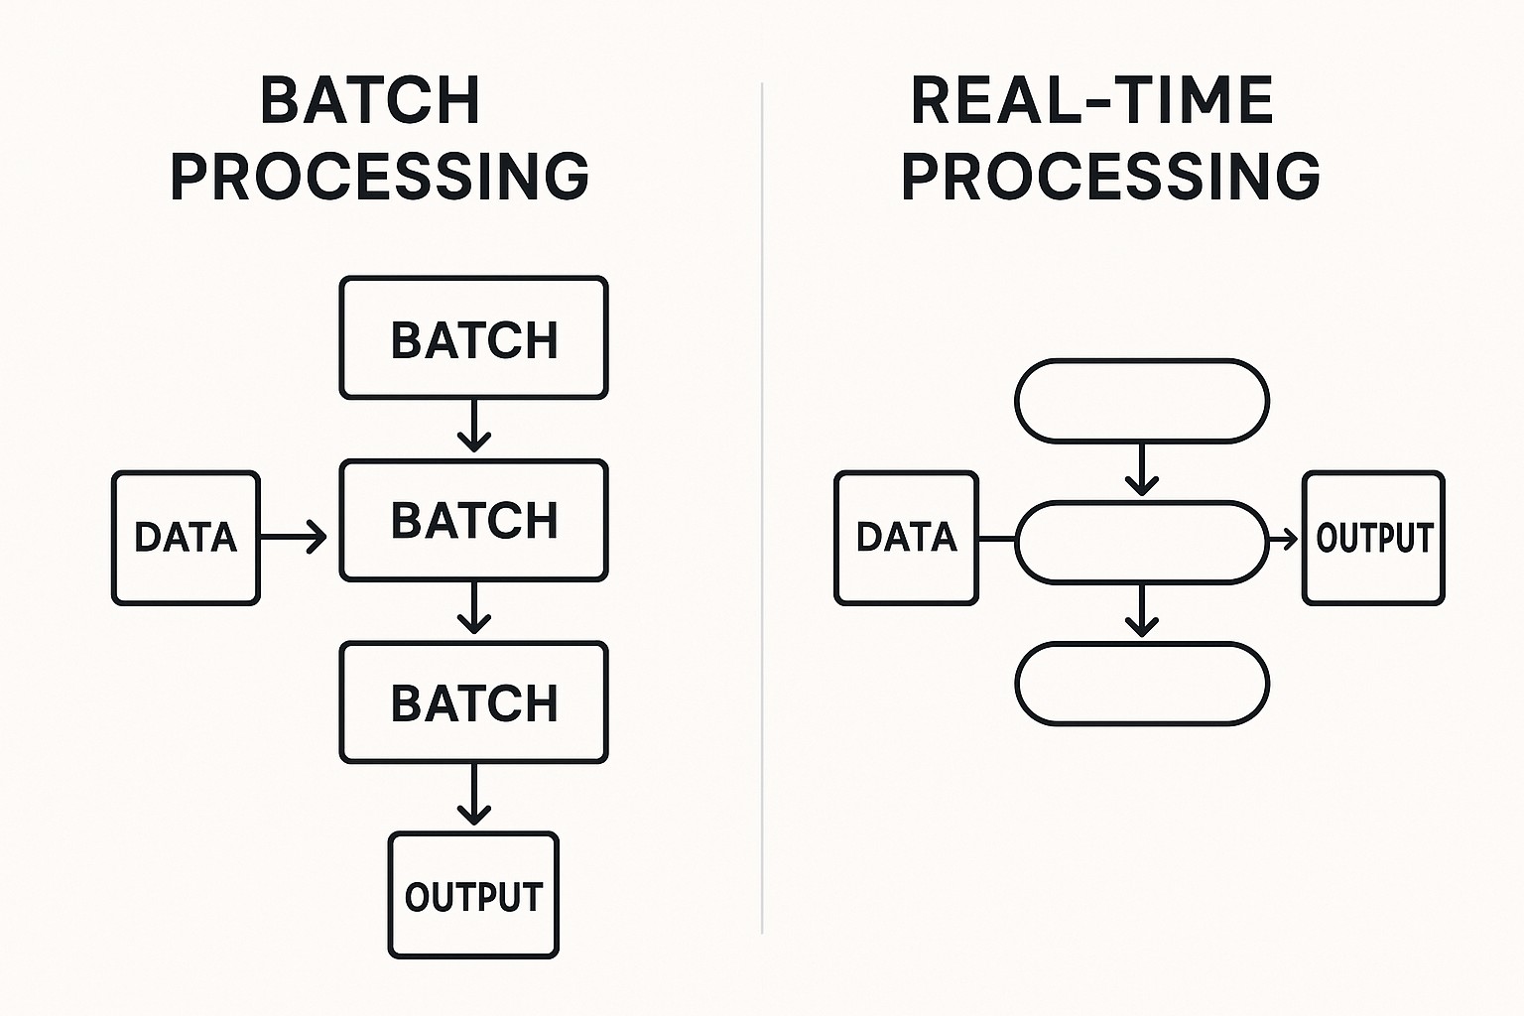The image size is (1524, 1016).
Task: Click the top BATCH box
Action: tap(473, 338)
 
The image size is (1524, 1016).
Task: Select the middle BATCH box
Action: tap(473, 520)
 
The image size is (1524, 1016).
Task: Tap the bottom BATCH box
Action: tap(473, 702)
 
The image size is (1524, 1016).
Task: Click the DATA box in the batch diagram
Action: tap(186, 538)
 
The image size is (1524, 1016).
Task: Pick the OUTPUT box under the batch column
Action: tap(473, 896)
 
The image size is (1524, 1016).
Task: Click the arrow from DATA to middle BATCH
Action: tap(294, 538)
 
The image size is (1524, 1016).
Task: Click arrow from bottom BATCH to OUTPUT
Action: tap(474, 795)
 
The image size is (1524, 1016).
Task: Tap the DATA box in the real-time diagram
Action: tap(906, 538)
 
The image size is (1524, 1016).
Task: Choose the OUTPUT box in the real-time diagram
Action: tap(1373, 538)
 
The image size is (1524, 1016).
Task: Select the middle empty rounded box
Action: tap(1142, 542)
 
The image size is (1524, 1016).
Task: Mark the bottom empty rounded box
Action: tap(1142, 684)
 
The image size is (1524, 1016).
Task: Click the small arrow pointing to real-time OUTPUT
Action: tap(1284, 541)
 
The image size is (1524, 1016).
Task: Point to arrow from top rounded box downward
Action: tap(1142, 469)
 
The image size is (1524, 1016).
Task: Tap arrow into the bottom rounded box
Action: tap(1142, 611)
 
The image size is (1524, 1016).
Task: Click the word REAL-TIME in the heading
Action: tap(1091, 100)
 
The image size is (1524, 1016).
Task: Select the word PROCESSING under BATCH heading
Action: tap(380, 177)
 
